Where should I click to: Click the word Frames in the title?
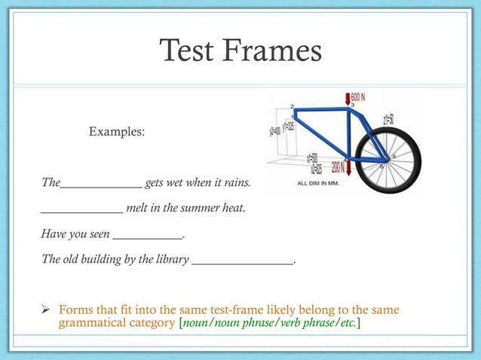(273, 51)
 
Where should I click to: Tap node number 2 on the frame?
(292, 106)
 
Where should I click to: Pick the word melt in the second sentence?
(138, 208)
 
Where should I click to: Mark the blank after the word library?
(242, 261)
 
